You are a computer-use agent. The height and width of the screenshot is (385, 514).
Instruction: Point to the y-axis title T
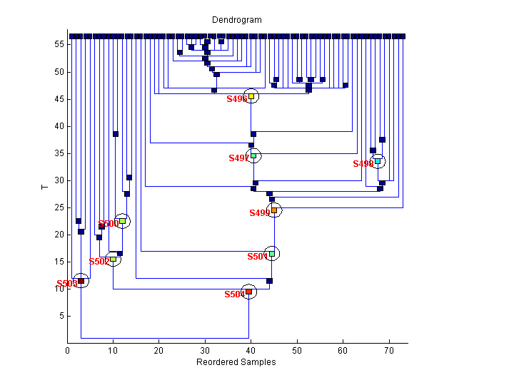coord(44,188)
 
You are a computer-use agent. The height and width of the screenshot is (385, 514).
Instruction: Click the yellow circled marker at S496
coord(251,96)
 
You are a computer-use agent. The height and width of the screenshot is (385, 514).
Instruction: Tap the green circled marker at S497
coord(253,155)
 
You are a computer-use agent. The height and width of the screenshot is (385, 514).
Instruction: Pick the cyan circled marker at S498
coord(378,161)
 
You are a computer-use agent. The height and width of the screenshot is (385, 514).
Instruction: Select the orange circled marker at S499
coord(273,210)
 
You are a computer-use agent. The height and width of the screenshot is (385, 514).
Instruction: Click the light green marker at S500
coord(122,221)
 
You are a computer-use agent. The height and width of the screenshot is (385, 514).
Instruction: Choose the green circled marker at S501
coord(271,253)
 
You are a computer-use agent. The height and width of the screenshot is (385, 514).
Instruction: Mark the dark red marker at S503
coord(81,281)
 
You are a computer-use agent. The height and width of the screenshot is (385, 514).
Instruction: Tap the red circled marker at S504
coord(248,292)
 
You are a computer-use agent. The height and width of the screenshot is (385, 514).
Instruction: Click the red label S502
coord(99,262)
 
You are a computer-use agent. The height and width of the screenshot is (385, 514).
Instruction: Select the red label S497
coord(238,158)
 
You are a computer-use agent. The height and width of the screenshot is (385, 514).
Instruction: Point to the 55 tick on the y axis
coord(60,44)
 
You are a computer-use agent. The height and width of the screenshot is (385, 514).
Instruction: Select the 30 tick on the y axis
coord(60,180)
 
